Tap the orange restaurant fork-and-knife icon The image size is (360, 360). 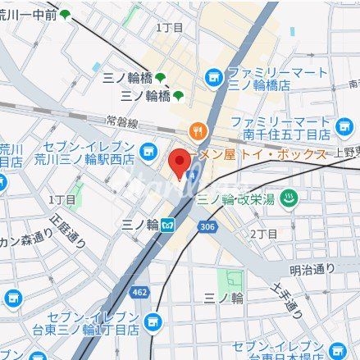point(198,130)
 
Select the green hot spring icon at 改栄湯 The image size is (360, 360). point(288,198)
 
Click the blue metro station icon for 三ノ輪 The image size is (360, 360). point(168,223)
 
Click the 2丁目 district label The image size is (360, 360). point(263,234)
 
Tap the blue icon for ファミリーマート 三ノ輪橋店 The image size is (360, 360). point(214,77)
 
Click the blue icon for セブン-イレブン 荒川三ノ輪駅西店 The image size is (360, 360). point(148,151)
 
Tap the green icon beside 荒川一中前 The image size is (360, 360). point(65,14)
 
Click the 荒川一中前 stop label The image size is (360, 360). point(27,14)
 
